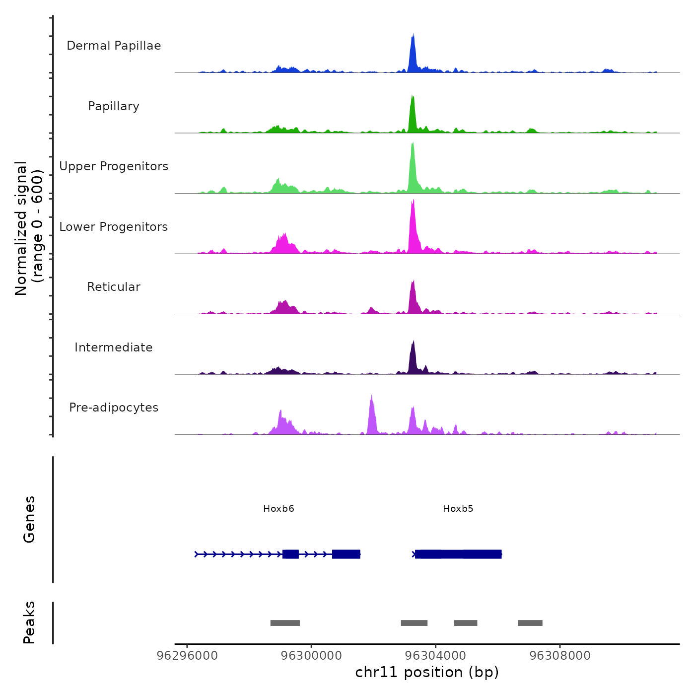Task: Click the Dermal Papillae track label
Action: pos(114,46)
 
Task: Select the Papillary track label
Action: pos(114,106)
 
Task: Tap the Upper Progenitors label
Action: pos(114,166)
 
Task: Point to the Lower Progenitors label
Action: pos(114,227)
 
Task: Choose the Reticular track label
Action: pos(114,287)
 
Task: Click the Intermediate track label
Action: pos(114,347)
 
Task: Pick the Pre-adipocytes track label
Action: pos(114,408)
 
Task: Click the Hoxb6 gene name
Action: pos(278,509)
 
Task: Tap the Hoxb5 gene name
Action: pos(458,509)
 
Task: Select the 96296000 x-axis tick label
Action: pos(187,656)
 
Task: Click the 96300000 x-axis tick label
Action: pos(311,656)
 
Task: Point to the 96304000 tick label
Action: pos(435,656)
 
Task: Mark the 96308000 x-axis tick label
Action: pos(560,656)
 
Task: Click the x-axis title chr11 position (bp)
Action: pos(427,672)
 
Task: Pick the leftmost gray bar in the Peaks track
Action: pos(285,623)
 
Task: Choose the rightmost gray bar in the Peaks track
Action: pos(530,623)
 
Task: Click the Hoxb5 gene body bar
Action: pos(458,554)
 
